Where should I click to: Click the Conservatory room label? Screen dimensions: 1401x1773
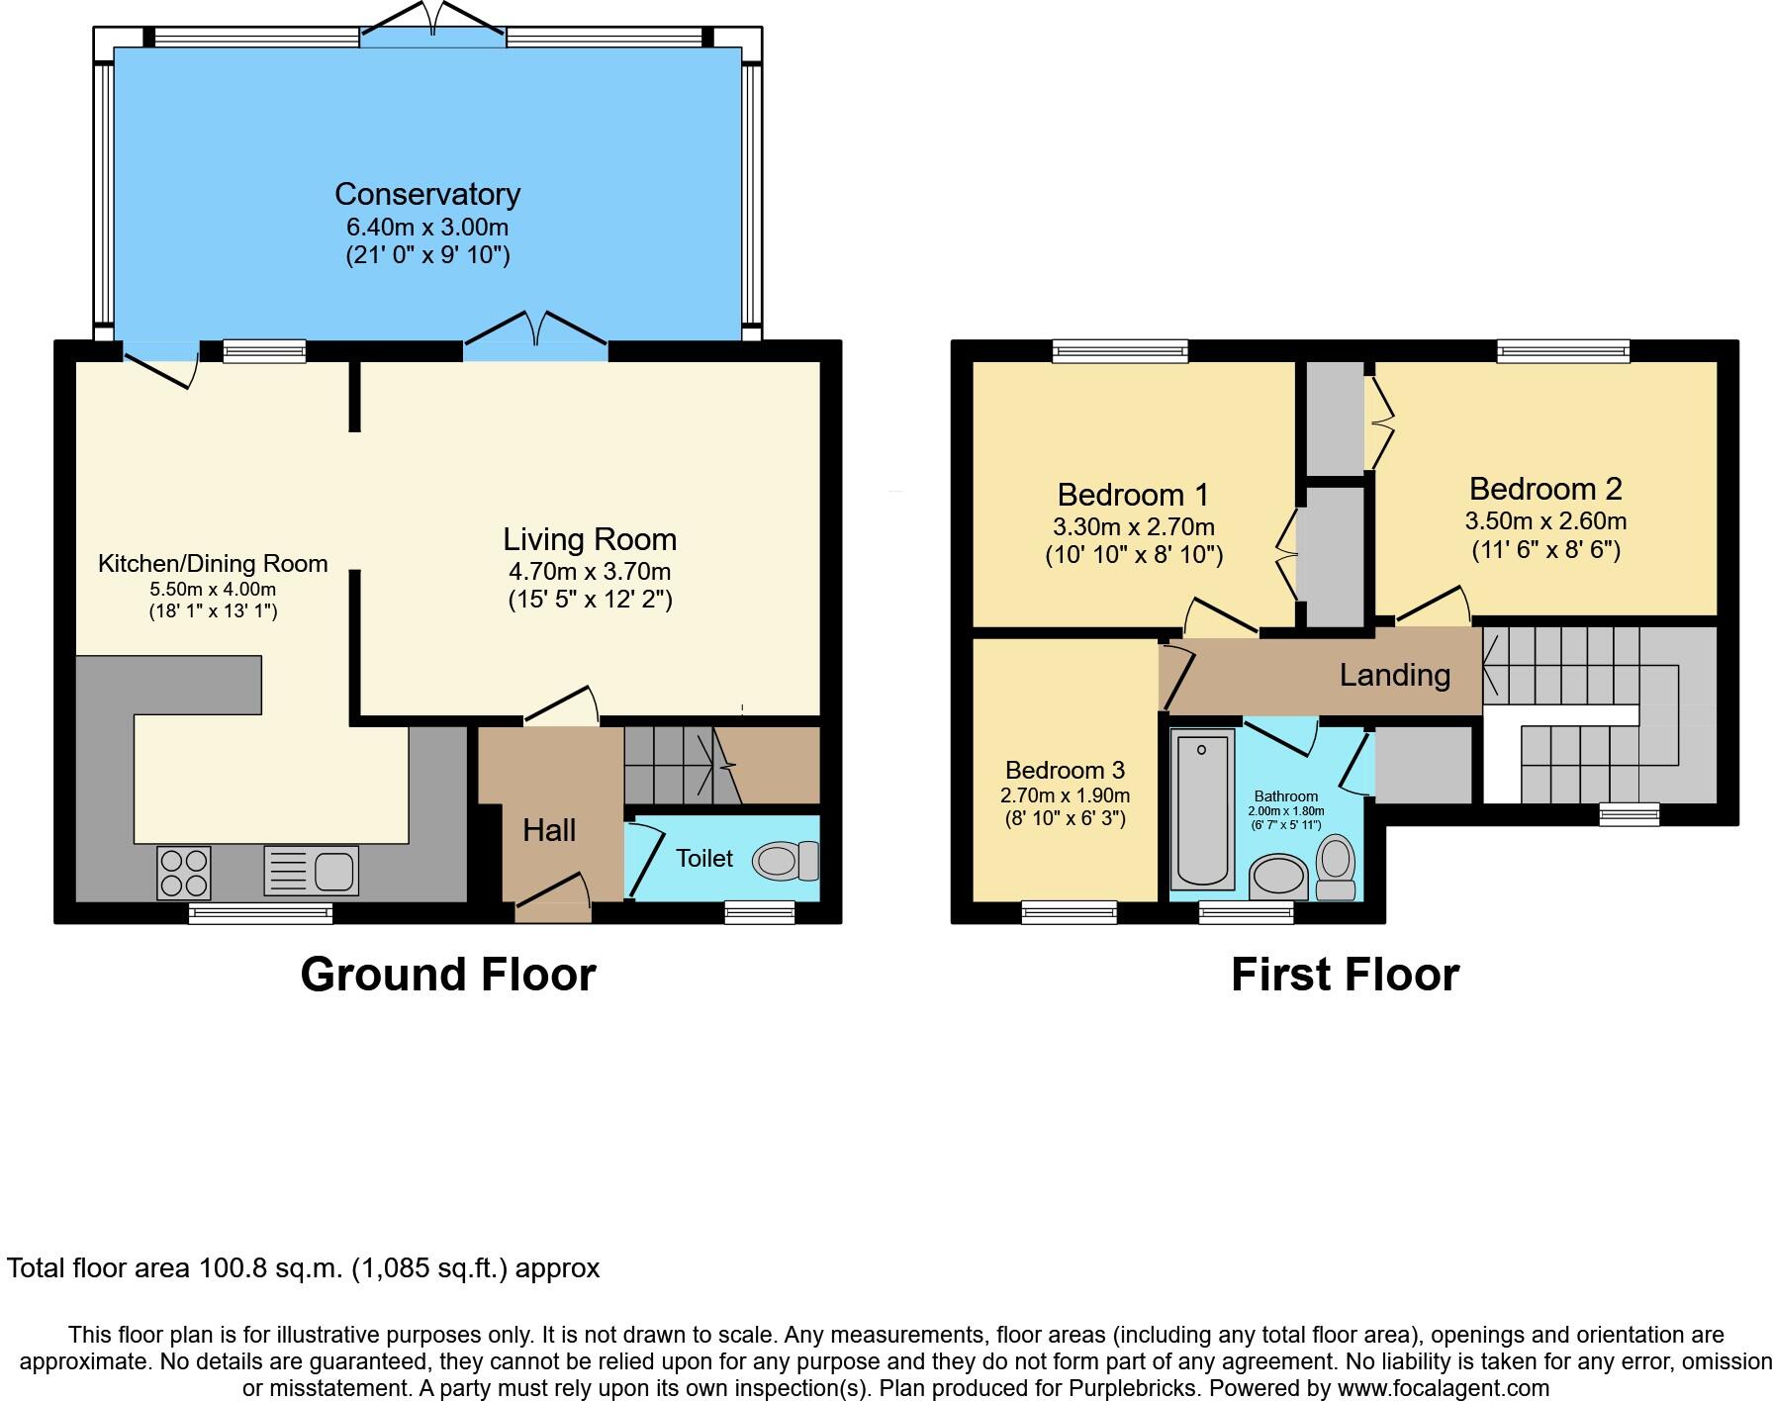pos(427,194)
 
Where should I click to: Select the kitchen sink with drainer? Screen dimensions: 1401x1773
pos(311,871)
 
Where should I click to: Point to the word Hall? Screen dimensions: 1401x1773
pos(549,830)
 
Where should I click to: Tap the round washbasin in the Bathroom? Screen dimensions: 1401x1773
pos(1278,877)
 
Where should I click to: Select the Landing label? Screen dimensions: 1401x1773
pos(1394,675)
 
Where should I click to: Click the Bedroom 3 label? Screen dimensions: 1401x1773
pos(1065,770)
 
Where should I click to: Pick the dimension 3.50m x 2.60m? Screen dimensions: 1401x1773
pos(1545,520)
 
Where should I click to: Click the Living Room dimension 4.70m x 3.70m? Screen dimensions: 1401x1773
pos(590,571)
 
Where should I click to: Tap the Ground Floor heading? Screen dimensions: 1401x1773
pos(447,975)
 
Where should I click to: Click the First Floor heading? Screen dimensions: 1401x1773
pos(1345,975)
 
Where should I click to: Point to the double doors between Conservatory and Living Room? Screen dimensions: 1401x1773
pos(535,331)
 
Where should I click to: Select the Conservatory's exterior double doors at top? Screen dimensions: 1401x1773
pos(432,22)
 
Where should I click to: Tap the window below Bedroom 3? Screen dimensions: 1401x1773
pos(1069,911)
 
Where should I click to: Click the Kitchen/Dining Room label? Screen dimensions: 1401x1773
pos(213,564)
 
